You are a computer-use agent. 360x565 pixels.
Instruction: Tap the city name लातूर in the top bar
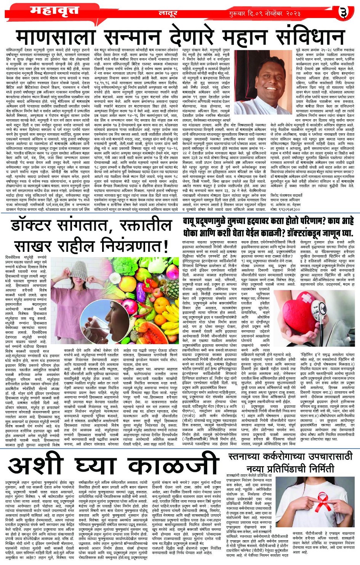tap(168, 13)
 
